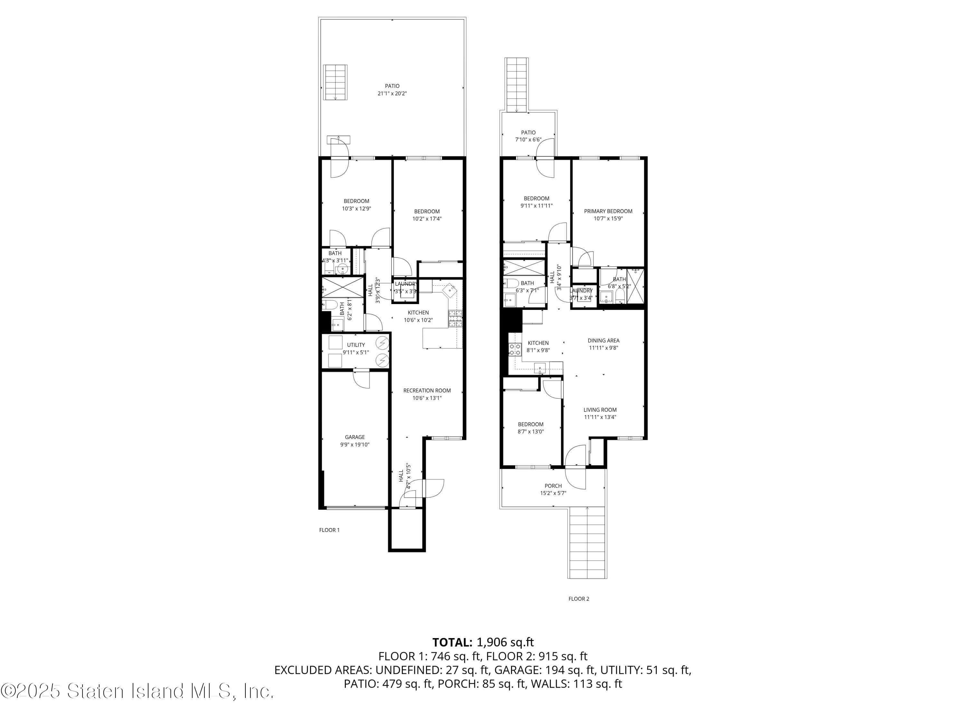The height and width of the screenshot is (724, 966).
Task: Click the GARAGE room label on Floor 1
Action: click(x=355, y=437)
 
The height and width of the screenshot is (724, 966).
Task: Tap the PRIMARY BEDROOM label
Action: click(x=608, y=211)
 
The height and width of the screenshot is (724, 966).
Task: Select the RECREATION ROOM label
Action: click(x=427, y=391)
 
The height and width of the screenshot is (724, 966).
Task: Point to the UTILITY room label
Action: click(x=355, y=345)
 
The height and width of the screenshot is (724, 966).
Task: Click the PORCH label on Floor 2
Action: click(x=553, y=486)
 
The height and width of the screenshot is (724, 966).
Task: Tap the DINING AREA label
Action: click(x=603, y=340)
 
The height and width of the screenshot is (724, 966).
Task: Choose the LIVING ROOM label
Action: click(x=600, y=410)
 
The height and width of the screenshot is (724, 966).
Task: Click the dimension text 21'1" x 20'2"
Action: click(x=392, y=93)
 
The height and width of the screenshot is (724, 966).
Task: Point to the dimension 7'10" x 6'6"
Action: click(x=528, y=140)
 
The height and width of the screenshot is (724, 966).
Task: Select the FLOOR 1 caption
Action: click(x=329, y=530)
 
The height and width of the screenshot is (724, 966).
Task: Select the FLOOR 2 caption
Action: click(x=579, y=599)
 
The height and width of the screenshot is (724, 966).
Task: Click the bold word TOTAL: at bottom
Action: click(x=452, y=642)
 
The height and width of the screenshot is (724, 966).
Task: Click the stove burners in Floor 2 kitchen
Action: click(x=515, y=349)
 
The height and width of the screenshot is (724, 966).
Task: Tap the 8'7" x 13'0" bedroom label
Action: click(x=531, y=428)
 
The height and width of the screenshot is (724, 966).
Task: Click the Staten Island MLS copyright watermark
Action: click(x=137, y=691)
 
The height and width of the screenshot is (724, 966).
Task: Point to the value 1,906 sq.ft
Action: click(x=505, y=642)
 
